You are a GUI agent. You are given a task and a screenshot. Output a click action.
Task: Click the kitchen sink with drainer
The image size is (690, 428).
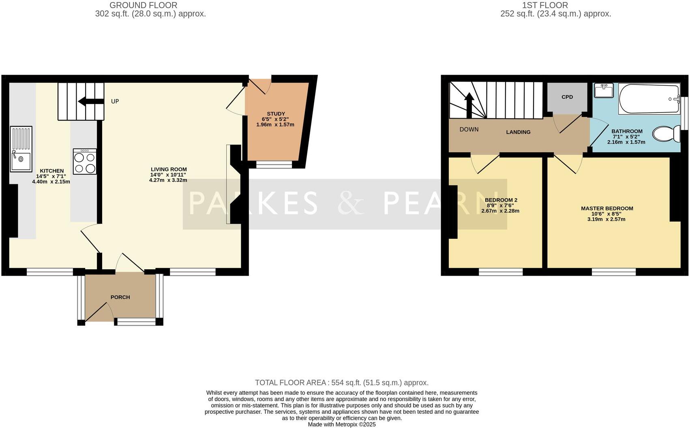point(21,149)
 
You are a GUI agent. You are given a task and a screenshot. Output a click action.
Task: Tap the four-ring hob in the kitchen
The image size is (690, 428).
point(85,162)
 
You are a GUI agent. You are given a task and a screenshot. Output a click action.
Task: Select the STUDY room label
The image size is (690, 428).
point(276,114)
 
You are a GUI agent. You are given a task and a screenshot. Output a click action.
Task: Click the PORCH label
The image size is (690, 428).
point(120,297)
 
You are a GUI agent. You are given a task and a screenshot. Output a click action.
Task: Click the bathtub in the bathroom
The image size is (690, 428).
point(649,99)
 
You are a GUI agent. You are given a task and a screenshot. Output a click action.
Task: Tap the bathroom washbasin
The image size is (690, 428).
point(604,91)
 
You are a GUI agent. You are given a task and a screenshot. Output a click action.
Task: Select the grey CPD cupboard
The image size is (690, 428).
point(567,97)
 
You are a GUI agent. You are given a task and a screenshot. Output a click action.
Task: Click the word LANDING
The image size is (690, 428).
point(518,132)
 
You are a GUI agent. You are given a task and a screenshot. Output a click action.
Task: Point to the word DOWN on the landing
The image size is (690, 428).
point(469,130)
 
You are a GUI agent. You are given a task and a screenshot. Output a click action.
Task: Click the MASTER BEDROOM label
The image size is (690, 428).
point(606,208)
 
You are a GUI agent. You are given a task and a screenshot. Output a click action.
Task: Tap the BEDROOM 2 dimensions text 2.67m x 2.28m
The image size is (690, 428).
point(500,211)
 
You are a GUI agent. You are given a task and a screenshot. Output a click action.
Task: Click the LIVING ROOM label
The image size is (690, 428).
point(169,169)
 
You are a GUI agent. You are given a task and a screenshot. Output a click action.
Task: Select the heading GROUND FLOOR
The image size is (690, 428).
point(143,5)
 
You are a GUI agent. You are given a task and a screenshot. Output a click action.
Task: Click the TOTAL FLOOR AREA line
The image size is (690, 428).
point(341,383)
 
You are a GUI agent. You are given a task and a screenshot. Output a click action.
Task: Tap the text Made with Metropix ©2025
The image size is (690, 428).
point(341,424)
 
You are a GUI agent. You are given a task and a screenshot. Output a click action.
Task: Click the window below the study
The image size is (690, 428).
point(274,164)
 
